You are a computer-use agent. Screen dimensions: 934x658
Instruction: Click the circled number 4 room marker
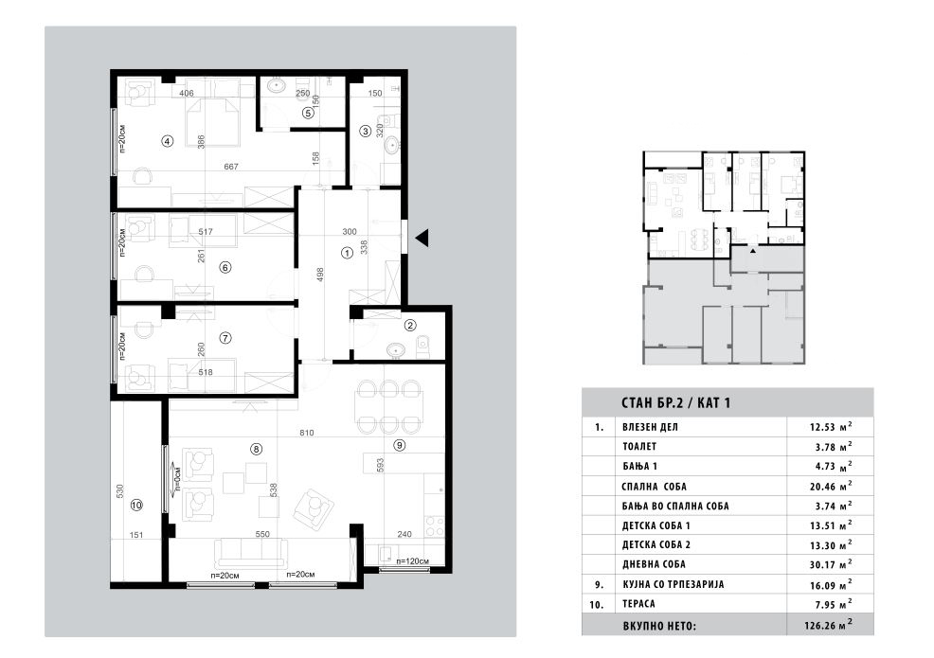point(168,141)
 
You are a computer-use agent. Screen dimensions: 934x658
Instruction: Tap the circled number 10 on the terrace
point(136,505)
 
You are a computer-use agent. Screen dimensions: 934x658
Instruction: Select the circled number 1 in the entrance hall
point(347,253)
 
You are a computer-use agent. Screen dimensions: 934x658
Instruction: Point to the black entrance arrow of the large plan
point(422,238)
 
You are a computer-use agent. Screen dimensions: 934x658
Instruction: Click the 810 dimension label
point(307,433)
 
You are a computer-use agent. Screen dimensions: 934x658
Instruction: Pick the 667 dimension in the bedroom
point(231,167)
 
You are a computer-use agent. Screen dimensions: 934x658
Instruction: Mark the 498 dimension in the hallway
point(320,275)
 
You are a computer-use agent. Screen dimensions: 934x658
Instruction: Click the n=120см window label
point(412,560)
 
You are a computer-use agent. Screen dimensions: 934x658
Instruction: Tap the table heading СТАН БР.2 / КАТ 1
point(675,403)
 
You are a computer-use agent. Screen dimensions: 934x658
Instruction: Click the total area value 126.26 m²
point(828,625)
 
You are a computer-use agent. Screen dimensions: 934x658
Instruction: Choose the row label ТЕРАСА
point(638,604)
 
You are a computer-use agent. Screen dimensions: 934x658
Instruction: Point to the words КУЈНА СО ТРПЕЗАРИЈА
point(674,584)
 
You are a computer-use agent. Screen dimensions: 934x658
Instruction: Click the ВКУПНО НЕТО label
point(658,626)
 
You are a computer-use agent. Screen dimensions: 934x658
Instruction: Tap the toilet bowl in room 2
point(422,347)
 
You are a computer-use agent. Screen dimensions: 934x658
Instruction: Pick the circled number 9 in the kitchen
point(399,445)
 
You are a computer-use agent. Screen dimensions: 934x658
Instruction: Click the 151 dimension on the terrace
point(136,535)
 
